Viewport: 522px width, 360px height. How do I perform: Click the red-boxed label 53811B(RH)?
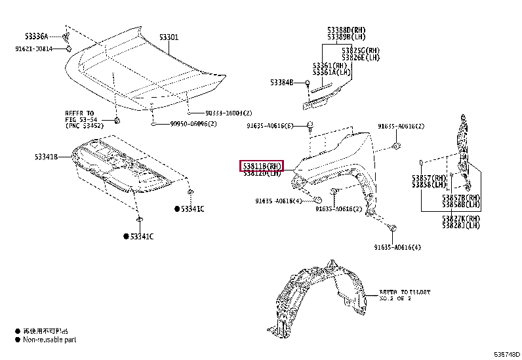pyautogui.click(x=262, y=166)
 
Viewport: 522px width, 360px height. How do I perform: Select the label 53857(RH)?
pyautogui.click(x=429, y=178)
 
